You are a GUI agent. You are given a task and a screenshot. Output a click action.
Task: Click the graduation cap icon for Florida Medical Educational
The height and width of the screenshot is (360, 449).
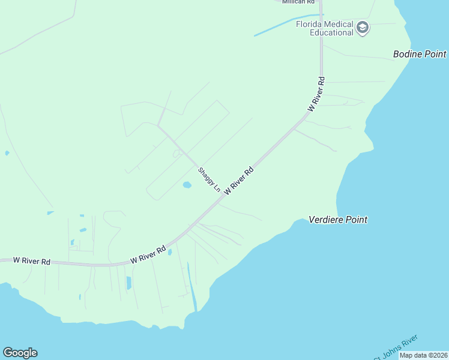coord(362,27)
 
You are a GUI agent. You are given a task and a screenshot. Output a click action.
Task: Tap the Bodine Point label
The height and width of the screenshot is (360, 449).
coord(420,54)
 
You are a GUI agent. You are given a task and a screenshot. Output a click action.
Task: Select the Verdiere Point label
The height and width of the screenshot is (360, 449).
coord(338,220)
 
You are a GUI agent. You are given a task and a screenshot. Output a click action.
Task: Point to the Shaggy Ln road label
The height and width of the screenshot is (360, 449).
coord(209,179)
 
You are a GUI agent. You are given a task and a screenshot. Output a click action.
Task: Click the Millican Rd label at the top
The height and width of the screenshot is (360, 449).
coord(298,2)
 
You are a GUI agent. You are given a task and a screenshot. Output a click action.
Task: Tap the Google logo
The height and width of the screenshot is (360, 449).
coord(20,353)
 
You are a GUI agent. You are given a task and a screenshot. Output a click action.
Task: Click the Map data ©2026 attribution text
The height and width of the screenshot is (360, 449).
coord(423,355)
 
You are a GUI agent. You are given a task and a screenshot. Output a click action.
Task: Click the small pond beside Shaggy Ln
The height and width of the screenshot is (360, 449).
coord(187,185)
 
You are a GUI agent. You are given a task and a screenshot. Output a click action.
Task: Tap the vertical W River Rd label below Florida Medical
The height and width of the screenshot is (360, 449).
coord(317,94)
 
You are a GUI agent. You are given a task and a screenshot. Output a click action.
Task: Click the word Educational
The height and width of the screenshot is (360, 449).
coord(331,32)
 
